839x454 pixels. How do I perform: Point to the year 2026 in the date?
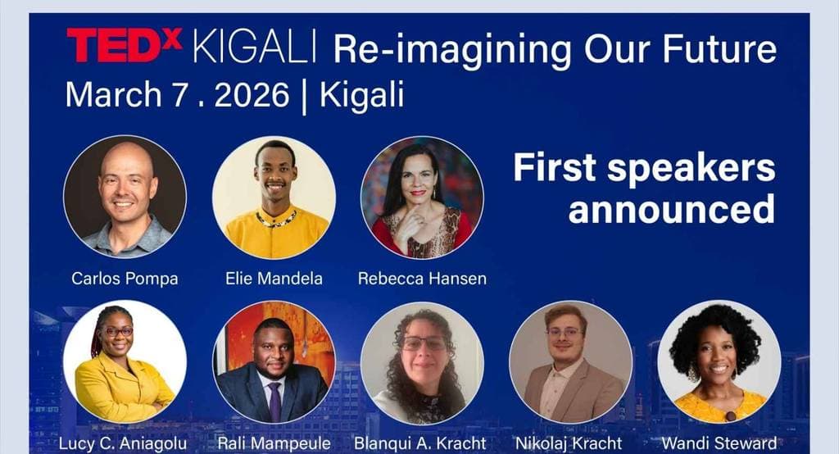tap(252, 95)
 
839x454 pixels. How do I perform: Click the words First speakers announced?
tap(644, 188)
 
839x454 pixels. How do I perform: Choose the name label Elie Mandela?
tap(274, 279)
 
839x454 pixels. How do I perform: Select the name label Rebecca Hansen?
tap(422, 279)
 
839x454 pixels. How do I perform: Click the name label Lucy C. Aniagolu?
tap(123, 444)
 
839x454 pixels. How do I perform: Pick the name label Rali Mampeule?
tap(274, 444)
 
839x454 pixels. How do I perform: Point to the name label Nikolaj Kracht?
tap(569, 444)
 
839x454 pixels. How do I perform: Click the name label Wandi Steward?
tap(719, 444)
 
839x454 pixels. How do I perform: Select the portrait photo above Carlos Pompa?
tap(125, 197)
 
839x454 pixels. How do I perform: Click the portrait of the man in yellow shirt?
tap(274, 197)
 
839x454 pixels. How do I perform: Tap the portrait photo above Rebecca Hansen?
tap(422, 197)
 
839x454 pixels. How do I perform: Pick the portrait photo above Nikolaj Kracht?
tap(570, 361)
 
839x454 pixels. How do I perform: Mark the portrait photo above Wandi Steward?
tap(719, 361)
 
